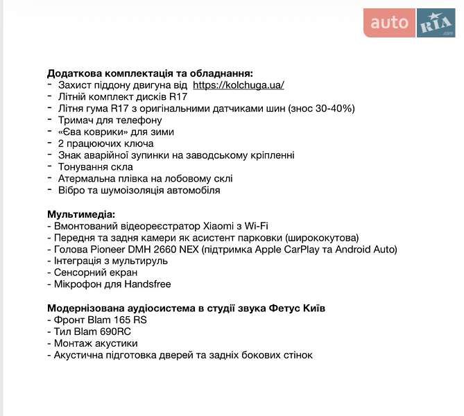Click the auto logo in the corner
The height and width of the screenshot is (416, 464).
(389, 23)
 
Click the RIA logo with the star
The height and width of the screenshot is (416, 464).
(436, 23)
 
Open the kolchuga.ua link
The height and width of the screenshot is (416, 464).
(238, 85)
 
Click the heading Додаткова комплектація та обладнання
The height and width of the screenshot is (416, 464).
(150, 73)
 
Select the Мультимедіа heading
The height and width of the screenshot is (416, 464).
(81, 214)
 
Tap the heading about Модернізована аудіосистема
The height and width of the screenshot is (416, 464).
(186, 308)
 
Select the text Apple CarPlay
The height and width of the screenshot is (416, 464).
(293, 250)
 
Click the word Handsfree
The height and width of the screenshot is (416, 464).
(145, 284)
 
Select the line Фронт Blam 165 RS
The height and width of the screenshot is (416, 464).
(96, 320)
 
